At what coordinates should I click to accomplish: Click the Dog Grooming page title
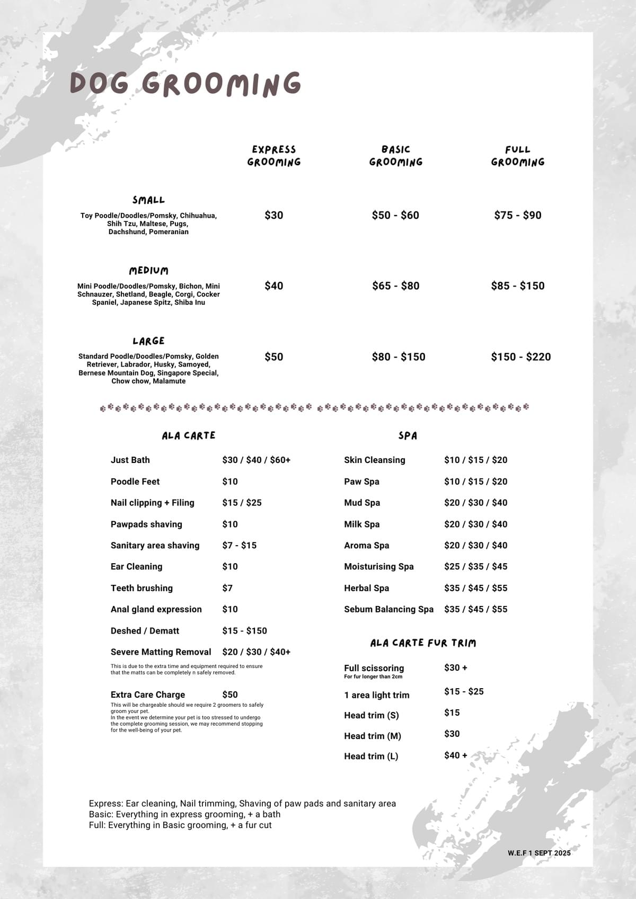pos(185,84)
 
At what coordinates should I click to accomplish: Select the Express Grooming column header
pos(274,156)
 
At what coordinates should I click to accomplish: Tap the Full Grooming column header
pos(518,156)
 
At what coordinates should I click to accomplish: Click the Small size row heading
pos(148,200)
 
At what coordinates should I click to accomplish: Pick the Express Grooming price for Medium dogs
pos(274,286)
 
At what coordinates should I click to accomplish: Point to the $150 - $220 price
pos(520,357)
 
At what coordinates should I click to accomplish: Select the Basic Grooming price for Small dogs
pos(395,215)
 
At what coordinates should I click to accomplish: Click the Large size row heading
pos(148,341)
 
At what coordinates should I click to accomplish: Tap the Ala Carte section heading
pos(189,435)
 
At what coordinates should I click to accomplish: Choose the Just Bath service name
pos(130,460)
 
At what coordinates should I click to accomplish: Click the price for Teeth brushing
pos(227,588)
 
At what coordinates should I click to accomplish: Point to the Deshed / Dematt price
pos(244,630)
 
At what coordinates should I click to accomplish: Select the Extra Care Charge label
pos(148,695)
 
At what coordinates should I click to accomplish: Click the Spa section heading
pos(408,435)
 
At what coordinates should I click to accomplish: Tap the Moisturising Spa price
pos(475,566)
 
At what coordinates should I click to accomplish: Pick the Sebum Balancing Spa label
pos(388,609)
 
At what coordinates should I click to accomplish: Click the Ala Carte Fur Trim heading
pos(423,643)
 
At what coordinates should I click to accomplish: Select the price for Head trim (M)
pos(452,734)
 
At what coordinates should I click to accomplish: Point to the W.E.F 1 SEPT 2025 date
pos(539,853)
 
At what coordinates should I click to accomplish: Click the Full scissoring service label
pos(374,668)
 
